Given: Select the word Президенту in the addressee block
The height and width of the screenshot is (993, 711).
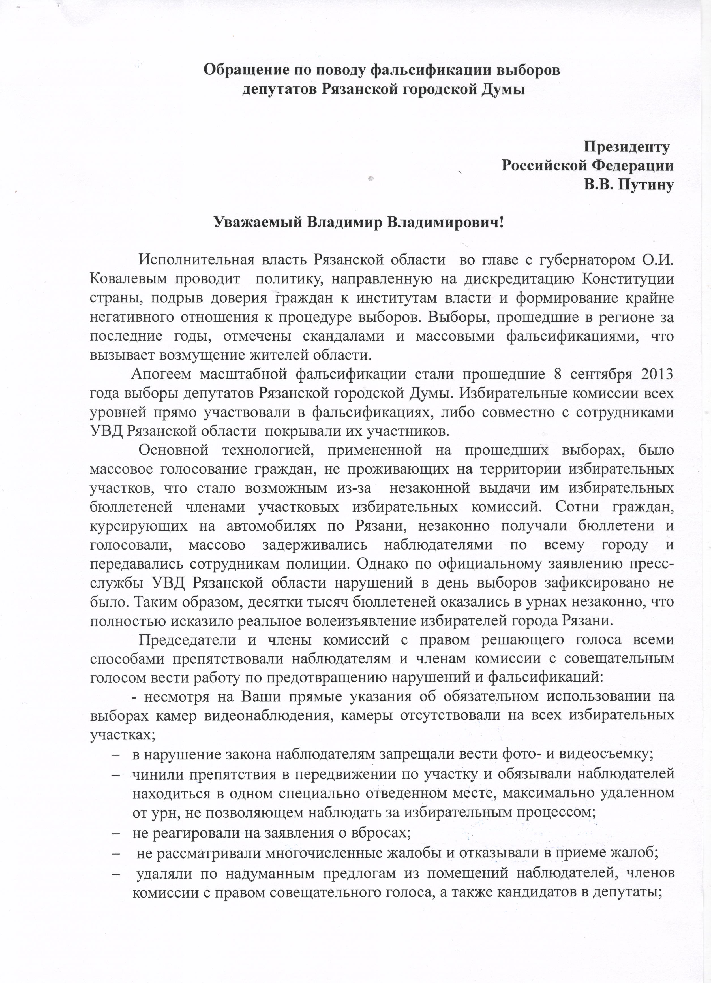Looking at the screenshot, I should point(627,147).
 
